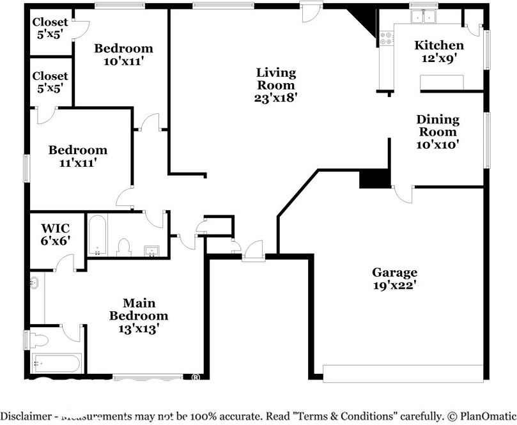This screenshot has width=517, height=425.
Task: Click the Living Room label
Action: [275, 85]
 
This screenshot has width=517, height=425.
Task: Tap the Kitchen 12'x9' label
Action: [439, 51]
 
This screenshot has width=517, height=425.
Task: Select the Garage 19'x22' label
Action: [396, 279]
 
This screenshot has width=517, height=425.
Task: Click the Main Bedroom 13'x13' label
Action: [139, 316]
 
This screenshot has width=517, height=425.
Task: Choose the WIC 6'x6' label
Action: [55, 234]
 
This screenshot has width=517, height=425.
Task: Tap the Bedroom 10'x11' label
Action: [123, 55]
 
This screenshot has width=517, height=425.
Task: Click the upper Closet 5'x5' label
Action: [50, 29]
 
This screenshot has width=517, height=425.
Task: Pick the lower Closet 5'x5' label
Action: [50, 82]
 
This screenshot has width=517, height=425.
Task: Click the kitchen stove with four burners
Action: [386, 38]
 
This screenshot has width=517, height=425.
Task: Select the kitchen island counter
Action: [442, 81]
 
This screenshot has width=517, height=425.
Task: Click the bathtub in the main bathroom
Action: [56, 364]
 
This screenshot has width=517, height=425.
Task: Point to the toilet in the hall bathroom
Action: [125, 246]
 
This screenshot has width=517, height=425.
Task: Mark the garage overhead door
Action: [403, 372]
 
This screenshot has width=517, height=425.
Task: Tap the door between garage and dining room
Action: [403, 192]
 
